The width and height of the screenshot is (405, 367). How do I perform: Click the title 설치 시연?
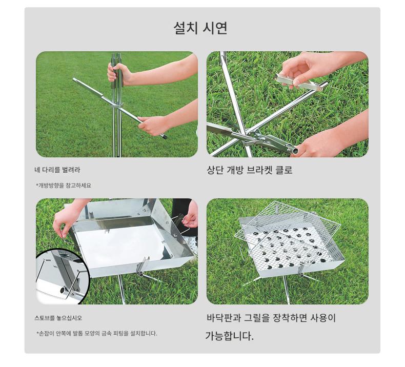(x=200, y=28)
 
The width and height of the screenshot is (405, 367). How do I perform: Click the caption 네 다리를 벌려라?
(x=57, y=170)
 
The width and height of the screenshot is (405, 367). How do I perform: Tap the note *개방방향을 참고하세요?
(x=64, y=186)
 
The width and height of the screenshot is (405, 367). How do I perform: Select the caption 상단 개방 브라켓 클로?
(x=250, y=170)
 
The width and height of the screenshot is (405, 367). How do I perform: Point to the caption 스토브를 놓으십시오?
(x=58, y=318)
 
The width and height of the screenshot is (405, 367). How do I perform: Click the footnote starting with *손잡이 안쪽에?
(x=96, y=333)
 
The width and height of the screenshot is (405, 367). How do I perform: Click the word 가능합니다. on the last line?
(x=229, y=336)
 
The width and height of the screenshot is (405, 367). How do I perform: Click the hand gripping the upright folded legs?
(x=119, y=74)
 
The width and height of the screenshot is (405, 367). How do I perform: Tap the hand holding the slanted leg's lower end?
(x=152, y=126)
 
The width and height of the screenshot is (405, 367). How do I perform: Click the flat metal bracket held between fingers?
(x=298, y=81)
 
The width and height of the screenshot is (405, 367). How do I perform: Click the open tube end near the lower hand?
(x=295, y=150)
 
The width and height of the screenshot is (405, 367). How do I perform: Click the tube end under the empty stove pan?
(x=141, y=275)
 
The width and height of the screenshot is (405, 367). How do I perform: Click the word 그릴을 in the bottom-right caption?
(x=256, y=318)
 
